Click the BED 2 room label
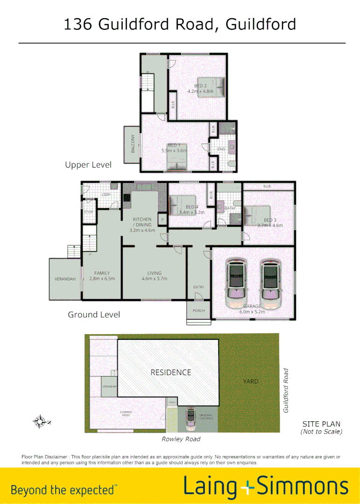pyautogui.click(x=200, y=85)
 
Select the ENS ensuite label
pyautogui.click(x=221, y=149)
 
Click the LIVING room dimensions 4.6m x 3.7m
pyautogui.click(x=154, y=279)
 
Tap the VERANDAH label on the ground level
pyautogui.click(x=65, y=279)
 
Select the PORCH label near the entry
pyautogui.click(x=199, y=311)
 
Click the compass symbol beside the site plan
pyautogui.click(x=40, y=422)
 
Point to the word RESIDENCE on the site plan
pyautogui.click(x=171, y=372)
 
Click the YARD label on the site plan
pyautogui.click(x=250, y=381)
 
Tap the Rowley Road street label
pyautogui.click(x=181, y=439)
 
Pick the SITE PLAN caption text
pyautogui.click(x=321, y=424)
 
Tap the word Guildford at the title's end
pyautogui.click(x=261, y=24)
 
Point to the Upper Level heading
pyautogui.click(x=88, y=165)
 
